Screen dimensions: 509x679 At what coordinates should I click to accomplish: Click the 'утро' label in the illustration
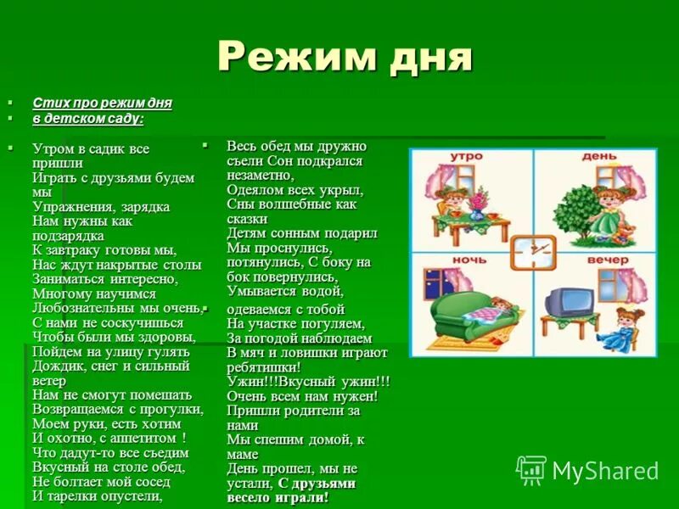click(x=466, y=158)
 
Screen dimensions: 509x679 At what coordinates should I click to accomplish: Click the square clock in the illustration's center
click(x=534, y=250)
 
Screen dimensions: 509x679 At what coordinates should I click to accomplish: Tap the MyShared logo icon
click(x=531, y=469)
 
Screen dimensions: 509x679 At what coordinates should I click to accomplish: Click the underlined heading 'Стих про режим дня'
click(x=102, y=103)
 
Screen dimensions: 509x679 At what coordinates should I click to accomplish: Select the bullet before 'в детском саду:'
click(x=11, y=117)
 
